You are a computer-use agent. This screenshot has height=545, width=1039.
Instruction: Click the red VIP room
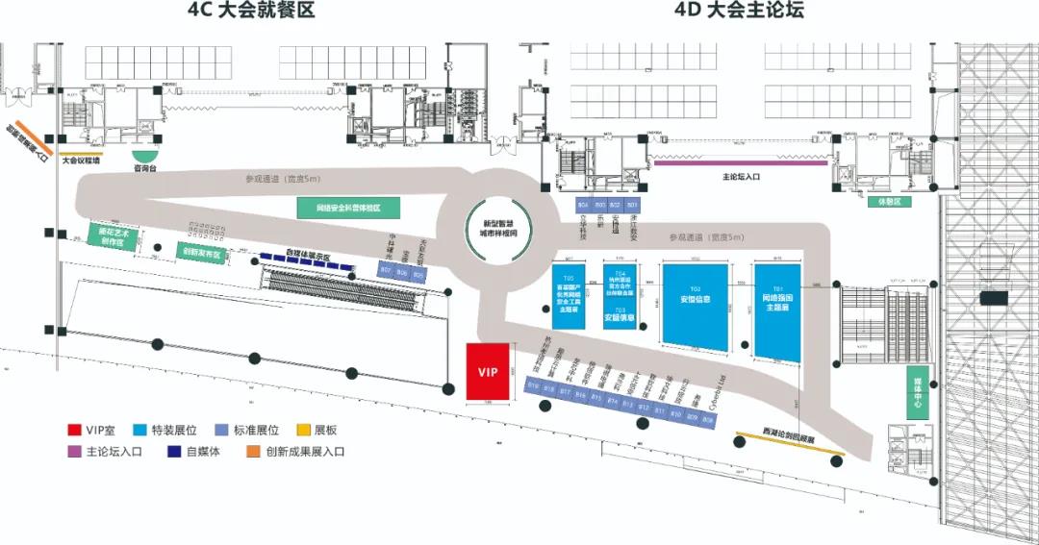tap(488, 371)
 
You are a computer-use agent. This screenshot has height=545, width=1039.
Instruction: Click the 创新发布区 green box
tap(201, 253)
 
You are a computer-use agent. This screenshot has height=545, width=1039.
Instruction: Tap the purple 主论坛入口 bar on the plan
tap(740, 163)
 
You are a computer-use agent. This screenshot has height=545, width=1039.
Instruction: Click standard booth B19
tap(533, 386)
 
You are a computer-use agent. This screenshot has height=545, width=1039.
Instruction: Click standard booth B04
tap(583, 205)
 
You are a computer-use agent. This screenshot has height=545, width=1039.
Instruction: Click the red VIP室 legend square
tap(73, 429)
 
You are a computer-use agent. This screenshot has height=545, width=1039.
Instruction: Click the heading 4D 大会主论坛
tap(738, 12)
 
